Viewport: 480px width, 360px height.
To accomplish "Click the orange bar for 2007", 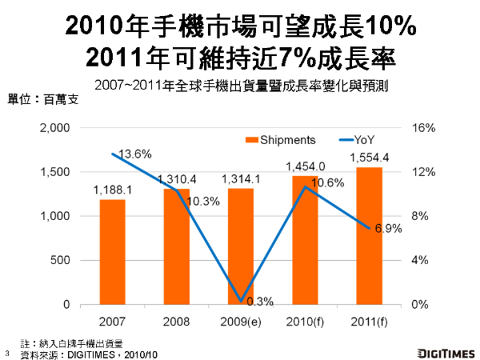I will (112, 252).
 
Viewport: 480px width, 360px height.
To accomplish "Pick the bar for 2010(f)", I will (305, 240).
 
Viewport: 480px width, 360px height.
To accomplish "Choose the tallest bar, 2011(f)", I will (369, 236).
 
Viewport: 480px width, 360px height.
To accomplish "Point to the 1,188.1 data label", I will (112, 190).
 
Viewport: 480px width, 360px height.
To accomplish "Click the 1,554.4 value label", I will (369, 157).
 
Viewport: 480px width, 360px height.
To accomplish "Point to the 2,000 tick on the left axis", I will (55, 128).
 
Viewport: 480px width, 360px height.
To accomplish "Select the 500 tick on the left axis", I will (62, 261).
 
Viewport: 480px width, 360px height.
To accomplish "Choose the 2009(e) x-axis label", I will (241, 322).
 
